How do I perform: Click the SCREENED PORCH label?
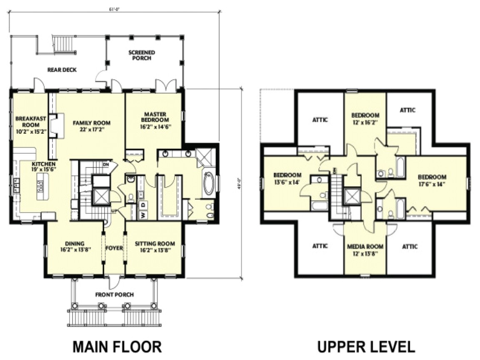(x=142, y=55)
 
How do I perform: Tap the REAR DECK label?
(x=62, y=70)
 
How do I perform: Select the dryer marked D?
(x=144, y=205)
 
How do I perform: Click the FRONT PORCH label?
(x=115, y=295)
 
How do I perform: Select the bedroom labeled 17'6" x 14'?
(x=432, y=180)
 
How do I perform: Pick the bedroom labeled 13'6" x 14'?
(x=287, y=178)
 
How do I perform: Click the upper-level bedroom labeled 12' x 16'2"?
(x=365, y=118)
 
